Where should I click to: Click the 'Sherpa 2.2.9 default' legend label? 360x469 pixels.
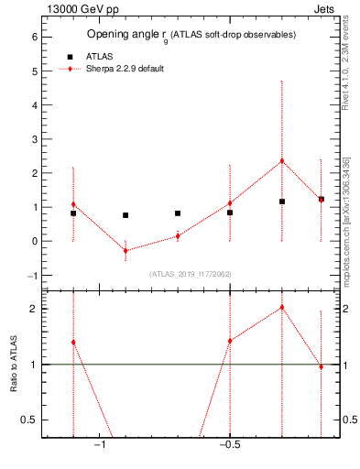pyautogui.click(x=125, y=70)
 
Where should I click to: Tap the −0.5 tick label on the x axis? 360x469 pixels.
pyautogui.click(x=229, y=446)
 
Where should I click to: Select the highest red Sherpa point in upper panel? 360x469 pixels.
pyautogui.click(x=282, y=161)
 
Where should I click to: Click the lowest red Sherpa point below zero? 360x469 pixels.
pyautogui.click(x=125, y=250)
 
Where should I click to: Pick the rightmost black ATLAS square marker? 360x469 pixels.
pyautogui.click(x=322, y=199)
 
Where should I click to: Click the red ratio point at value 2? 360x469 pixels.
pyautogui.click(x=282, y=308)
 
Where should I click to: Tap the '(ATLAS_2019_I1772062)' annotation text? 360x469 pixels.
pyautogui.click(x=191, y=273)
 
